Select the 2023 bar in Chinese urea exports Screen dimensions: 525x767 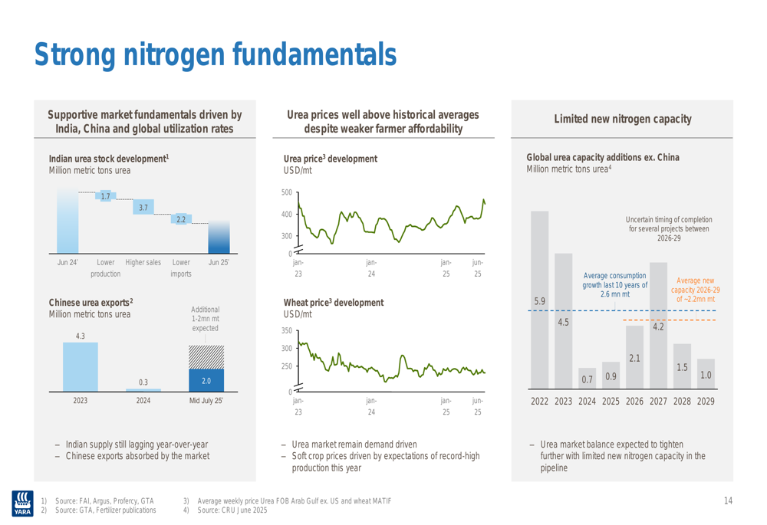click(80, 366)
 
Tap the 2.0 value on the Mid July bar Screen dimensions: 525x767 click(206, 380)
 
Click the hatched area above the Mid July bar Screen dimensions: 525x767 click(206, 356)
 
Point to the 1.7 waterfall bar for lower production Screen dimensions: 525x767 click(106, 197)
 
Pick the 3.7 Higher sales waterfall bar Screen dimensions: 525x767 click(143, 207)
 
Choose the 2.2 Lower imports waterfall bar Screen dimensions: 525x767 click(181, 219)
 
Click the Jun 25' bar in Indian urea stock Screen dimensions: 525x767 click(219, 237)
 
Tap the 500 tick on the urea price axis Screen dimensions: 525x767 click(286, 192)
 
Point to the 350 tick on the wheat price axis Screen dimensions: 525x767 click(286, 330)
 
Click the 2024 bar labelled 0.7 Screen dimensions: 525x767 click(588, 379)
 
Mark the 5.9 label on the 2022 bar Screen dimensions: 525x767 click(540, 302)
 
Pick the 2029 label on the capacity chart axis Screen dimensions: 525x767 click(706, 401)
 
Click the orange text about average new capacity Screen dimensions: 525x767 click(695, 290)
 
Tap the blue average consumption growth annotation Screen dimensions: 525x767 click(615, 284)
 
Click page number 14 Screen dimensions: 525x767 click(728, 501)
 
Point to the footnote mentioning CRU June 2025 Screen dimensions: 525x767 click(232, 510)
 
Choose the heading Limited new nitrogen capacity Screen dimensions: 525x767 click(622, 120)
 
